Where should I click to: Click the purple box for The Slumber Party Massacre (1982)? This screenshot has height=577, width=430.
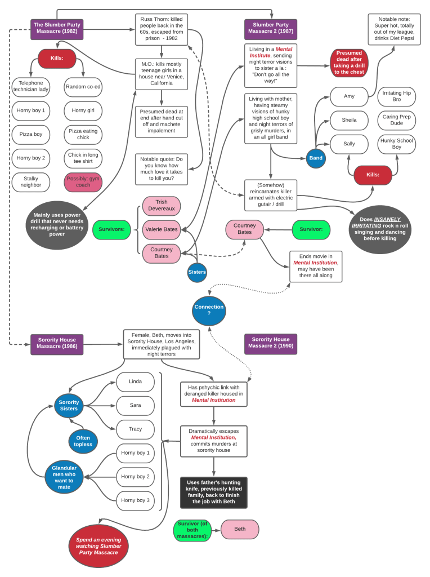pyautogui.click(x=57, y=28)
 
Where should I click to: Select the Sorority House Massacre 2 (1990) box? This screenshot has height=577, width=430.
pyautogui.click(x=271, y=343)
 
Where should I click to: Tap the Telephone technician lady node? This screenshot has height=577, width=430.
pyautogui.click(x=31, y=87)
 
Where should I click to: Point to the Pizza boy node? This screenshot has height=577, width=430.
pyautogui.click(x=31, y=135)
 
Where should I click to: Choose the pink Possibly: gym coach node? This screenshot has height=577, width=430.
pyautogui.click(x=83, y=182)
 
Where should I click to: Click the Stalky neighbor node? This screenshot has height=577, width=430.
pyautogui.click(x=31, y=182)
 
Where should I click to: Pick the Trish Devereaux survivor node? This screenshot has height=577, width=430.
pyautogui.click(x=162, y=206)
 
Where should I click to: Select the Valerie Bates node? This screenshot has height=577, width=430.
pyautogui.click(x=162, y=229)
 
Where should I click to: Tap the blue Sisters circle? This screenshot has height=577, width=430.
pyautogui.click(x=197, y=272)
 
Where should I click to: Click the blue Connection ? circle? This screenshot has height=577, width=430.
pyautogui.click(x=209, y=310)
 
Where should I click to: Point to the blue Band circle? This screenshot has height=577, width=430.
pyautogui.click(x=316, y=158)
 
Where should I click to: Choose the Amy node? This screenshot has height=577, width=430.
pyautogui.click(x=349, y=96)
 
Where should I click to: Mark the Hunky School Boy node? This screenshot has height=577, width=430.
pyautogui.click(x=397, y=144)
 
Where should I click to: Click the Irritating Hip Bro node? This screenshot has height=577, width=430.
pyautogui.click(x=397, y=96)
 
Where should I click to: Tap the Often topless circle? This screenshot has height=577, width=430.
pyautogui.click(x=83, y=441)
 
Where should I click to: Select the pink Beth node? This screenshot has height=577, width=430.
pyautogui.click(x=240, y=529)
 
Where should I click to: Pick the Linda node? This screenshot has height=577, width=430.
pyautogui.click(x=135, y=381)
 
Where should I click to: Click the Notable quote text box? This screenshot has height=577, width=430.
pyautogui.click(x=162, y=169)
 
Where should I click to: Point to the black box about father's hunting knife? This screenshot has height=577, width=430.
pyautogui.click(x=214, y=492)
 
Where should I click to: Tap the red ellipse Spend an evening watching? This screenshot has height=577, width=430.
pyautogui.click(x=98, y=546)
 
